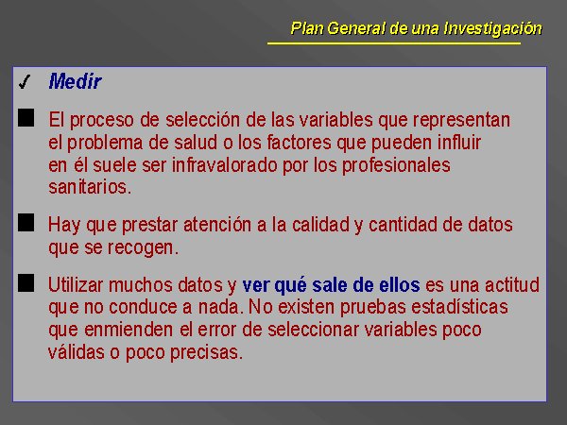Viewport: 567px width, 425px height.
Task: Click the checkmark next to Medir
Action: click(x=25, y=81)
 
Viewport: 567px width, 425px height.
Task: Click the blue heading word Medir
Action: click(x=75, y=81)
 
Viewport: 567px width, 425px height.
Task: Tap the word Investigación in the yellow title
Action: click(x=493, y=28)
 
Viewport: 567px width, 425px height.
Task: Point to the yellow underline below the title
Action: click(x=394, y=43)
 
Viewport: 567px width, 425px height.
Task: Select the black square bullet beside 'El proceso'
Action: click(x=26, y=118)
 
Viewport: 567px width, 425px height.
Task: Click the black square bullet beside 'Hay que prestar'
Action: click(x=26, y=222)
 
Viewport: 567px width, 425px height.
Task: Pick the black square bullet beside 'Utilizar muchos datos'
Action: click(x=26, y=282)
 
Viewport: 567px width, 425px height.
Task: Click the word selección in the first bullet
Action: click(x=202, y=120)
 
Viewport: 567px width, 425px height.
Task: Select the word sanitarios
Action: click(x=90, y=187)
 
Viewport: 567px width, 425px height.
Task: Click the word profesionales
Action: click(x=396, y=166)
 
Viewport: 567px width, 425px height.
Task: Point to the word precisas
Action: click(x=206, y=352)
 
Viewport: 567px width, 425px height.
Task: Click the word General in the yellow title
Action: click(x=356, y=28)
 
